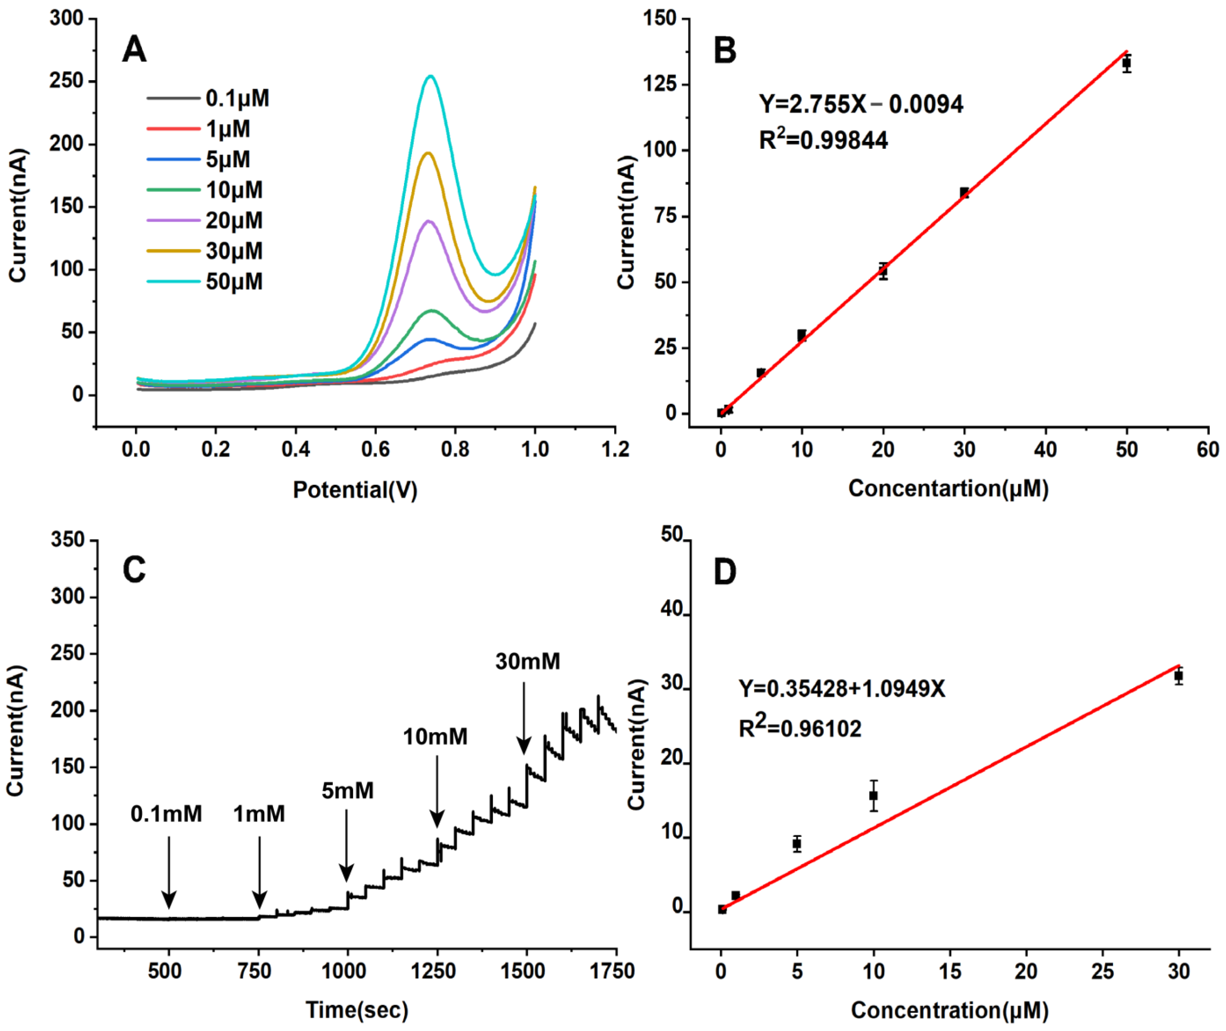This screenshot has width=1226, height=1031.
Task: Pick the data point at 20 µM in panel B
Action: click(883, 271)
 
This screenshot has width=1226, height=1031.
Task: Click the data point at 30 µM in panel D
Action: click(1178, 676)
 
